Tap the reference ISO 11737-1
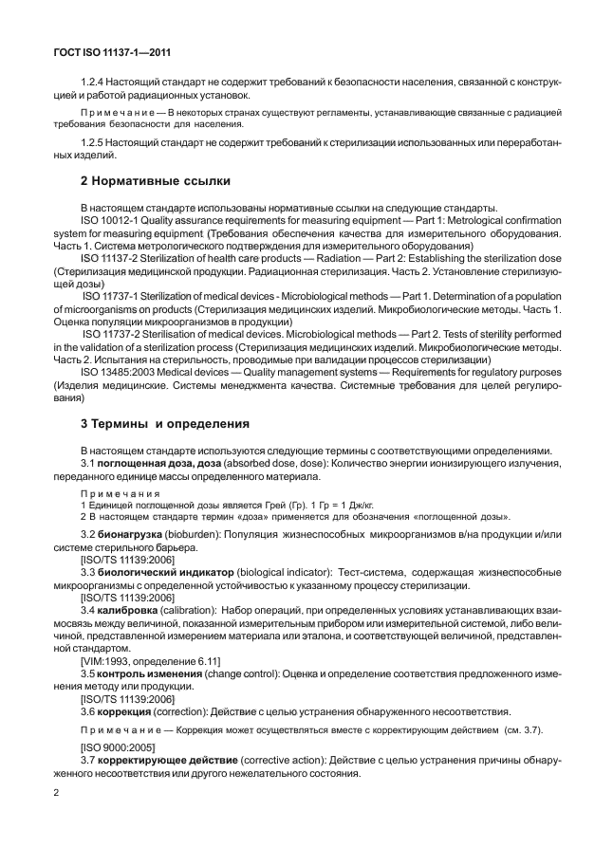pos(111,296)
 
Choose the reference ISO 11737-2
pos(111,334)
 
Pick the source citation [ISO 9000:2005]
pos(117,748)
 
